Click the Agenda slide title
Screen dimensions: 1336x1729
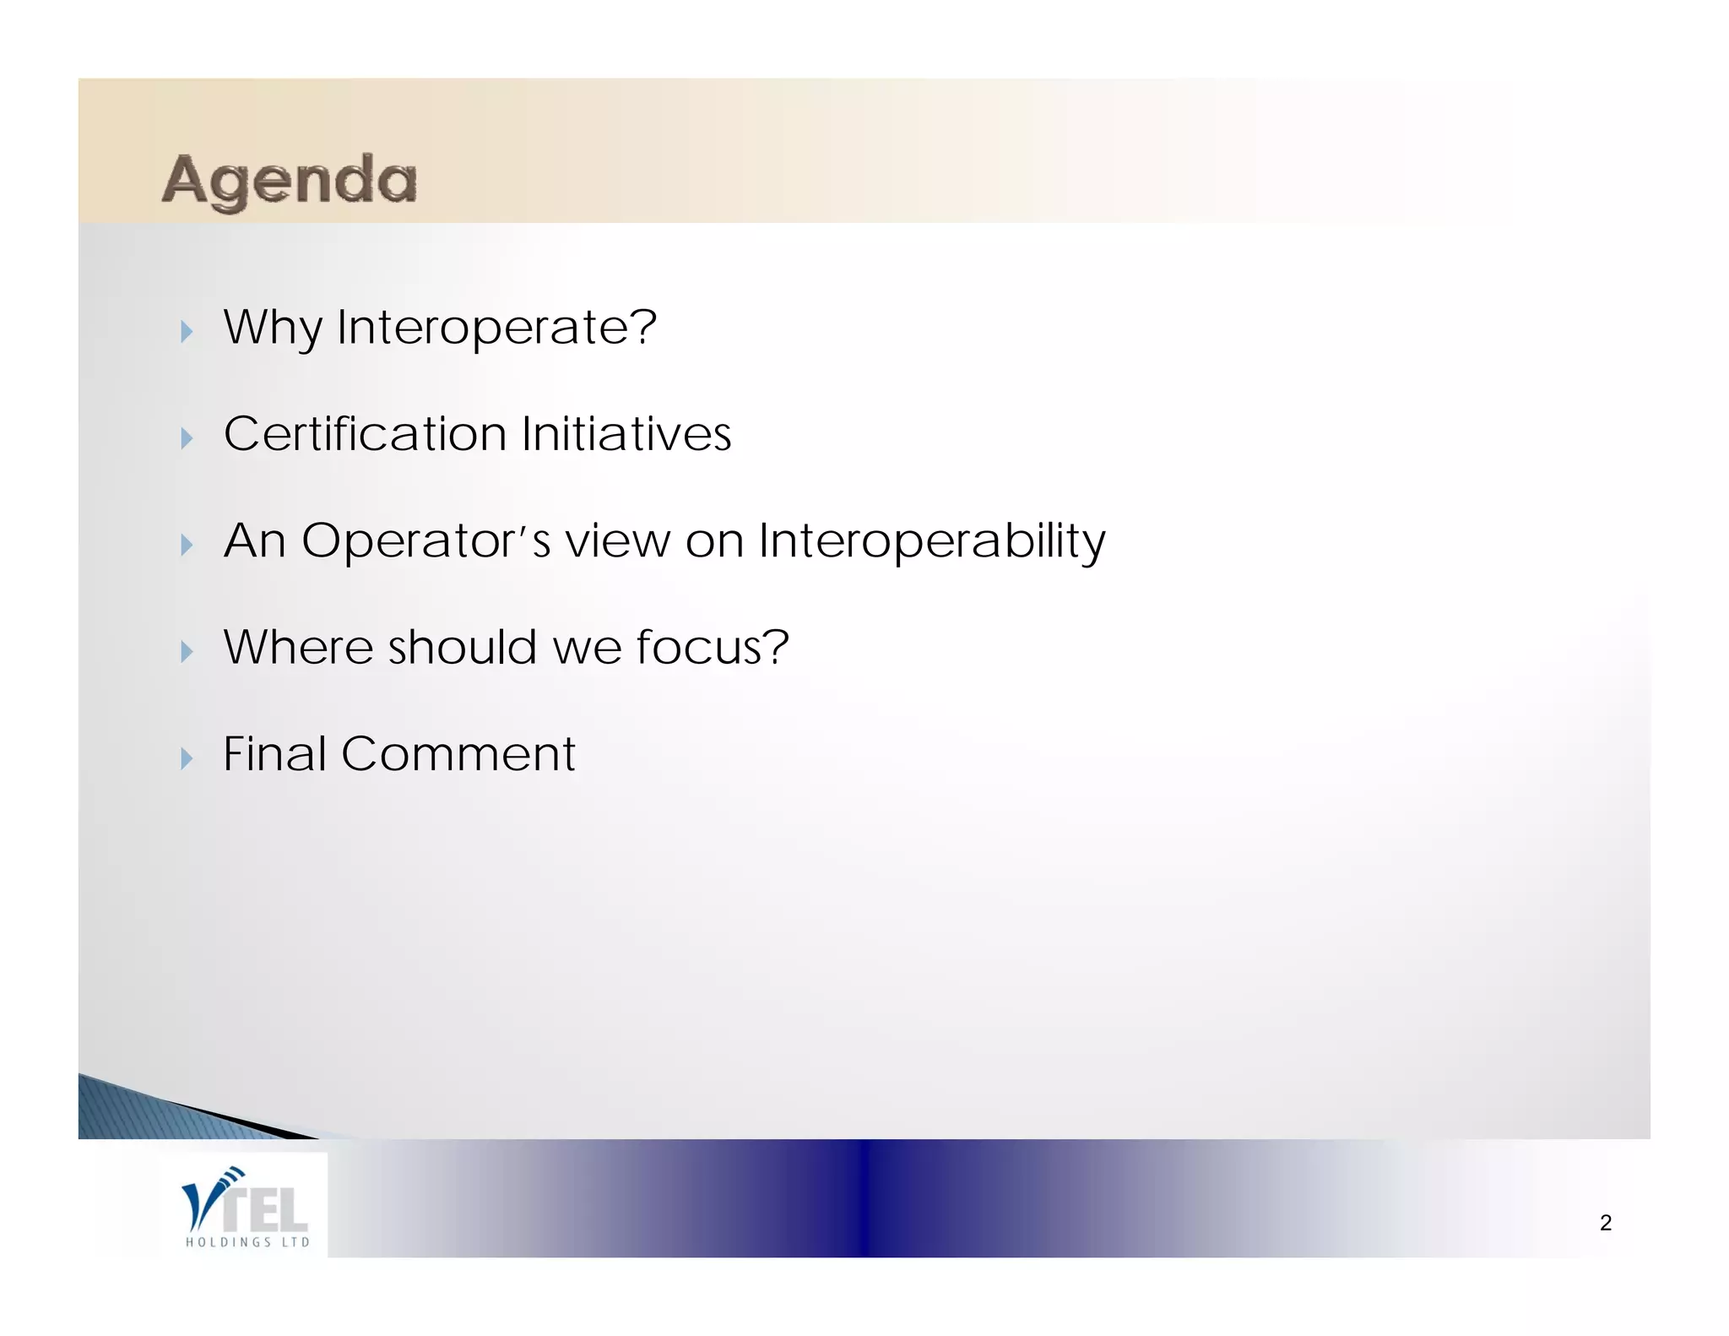(290, 180)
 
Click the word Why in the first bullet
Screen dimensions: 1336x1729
(272, 328)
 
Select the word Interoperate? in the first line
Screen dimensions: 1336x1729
(496, 328)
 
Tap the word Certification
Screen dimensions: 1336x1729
(365, 434)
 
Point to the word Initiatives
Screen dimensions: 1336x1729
(626, 434)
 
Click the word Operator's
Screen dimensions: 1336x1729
(425, 541)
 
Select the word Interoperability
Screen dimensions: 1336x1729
(931, 541)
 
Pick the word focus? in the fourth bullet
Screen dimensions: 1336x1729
(712, 648)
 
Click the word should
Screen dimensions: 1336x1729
(462, 648)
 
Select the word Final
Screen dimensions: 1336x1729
(274, 754)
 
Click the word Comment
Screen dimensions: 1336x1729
(458, 754)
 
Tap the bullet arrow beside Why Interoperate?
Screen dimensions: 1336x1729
(187, 331)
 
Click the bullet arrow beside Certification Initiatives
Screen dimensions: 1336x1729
(187, 437)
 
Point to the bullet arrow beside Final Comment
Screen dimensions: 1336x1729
(187, 758)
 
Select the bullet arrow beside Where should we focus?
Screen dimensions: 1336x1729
(187, 651)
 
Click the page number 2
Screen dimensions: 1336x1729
(1605, 1223)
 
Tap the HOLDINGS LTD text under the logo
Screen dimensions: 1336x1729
(247, 1242)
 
